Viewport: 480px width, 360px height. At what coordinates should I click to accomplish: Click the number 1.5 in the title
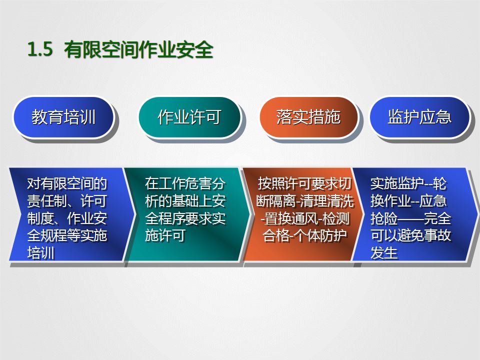pyautogui.click(x=40, y=50)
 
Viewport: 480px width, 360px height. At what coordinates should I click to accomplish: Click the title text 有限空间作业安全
pyautogui.click(x=139, y=50)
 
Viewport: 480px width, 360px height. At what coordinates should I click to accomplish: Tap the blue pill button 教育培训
pyautogui.click(x=63, y=117)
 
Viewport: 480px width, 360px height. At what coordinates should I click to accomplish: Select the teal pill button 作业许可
pyautogui.click(x=189, y=117)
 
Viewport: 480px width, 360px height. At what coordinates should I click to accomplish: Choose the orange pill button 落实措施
pyautogui.click(x=308, y=117)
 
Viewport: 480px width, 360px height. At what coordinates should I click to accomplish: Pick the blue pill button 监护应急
pyautogui.click(x=419, y=117)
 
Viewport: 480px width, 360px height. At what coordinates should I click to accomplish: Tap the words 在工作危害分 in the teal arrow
pyautogui.click(x=185, y=183)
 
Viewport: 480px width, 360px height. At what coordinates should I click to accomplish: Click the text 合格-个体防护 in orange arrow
pyautogui.click(x=305, y=235)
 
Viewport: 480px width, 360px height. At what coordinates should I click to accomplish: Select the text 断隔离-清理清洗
pyautogui.click(x=304, y=201)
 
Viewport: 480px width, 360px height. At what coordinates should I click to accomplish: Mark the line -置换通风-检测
pyautogui.click(x=305, y=218)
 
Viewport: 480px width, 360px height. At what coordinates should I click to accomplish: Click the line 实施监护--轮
pyautogui.click(x=408, y=183)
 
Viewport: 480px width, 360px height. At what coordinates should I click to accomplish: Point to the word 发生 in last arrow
pyautogui.click(x=384, y=252)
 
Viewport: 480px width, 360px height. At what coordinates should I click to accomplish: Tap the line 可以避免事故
pyautogui.click(x=410, y=235)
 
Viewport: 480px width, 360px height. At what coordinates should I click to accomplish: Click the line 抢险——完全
pyautogui.click(x=410, y=218)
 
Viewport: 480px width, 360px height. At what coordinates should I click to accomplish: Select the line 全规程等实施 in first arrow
pyautogui.click(x=66, y=235)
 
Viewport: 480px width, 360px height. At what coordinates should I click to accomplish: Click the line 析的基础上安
pyautogui.click(x=185, y=201)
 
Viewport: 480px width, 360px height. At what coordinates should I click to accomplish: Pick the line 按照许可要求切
pyautogui.click(x=308, y=183)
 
